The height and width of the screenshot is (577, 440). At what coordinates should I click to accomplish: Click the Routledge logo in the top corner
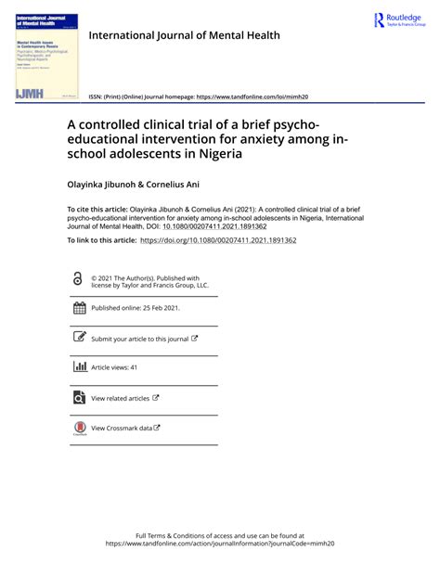399,20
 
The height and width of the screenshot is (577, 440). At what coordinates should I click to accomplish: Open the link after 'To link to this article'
217,239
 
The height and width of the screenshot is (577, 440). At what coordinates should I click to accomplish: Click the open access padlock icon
77,279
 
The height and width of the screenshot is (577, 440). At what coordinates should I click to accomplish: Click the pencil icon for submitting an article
78,339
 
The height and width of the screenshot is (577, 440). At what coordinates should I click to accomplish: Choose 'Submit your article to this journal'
139,340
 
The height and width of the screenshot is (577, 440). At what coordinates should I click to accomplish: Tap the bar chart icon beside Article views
78,367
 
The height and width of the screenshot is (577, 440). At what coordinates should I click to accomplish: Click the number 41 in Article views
133,368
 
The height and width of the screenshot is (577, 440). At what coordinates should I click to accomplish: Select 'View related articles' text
120,398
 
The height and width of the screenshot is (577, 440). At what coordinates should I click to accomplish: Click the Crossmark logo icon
78,429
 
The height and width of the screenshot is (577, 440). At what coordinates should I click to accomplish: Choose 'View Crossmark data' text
121,428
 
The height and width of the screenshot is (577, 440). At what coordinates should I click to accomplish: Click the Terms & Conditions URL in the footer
219,545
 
